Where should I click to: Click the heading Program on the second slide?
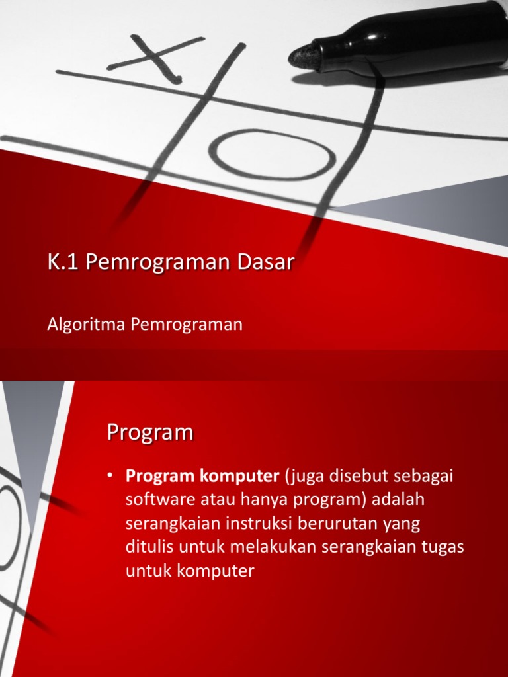coord(149,433)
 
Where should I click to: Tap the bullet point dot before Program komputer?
coord(112,477)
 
